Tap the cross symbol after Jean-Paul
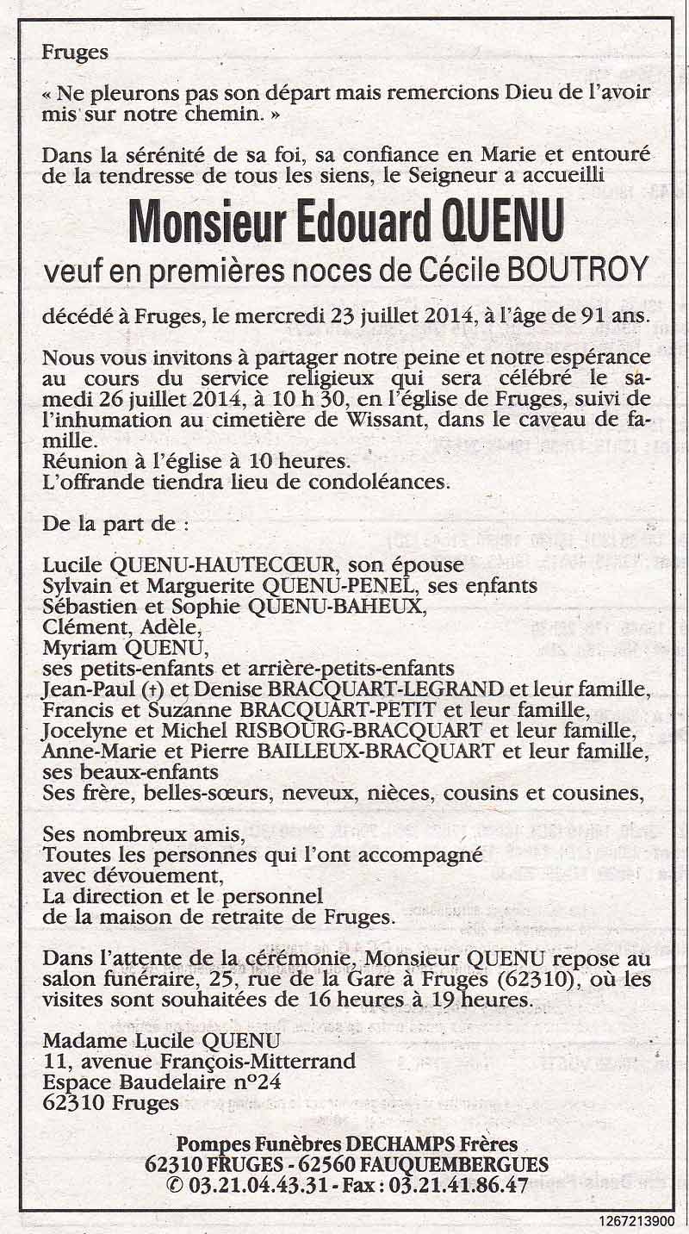click(127, 689)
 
